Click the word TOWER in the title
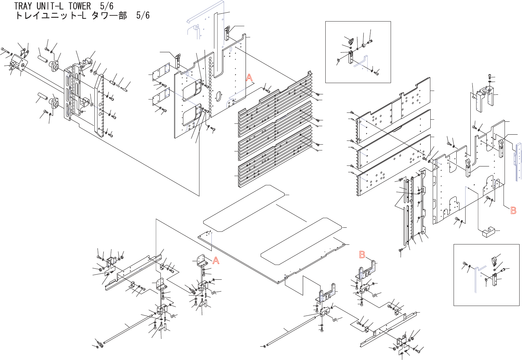80,6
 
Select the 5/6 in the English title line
107,6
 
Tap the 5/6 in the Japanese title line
143,15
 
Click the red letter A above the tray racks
249,78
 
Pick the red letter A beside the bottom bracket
216,261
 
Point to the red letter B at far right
513,211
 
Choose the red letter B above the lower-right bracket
362,255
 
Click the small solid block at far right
488,232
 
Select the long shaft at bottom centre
291,330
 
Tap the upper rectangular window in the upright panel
191,91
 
